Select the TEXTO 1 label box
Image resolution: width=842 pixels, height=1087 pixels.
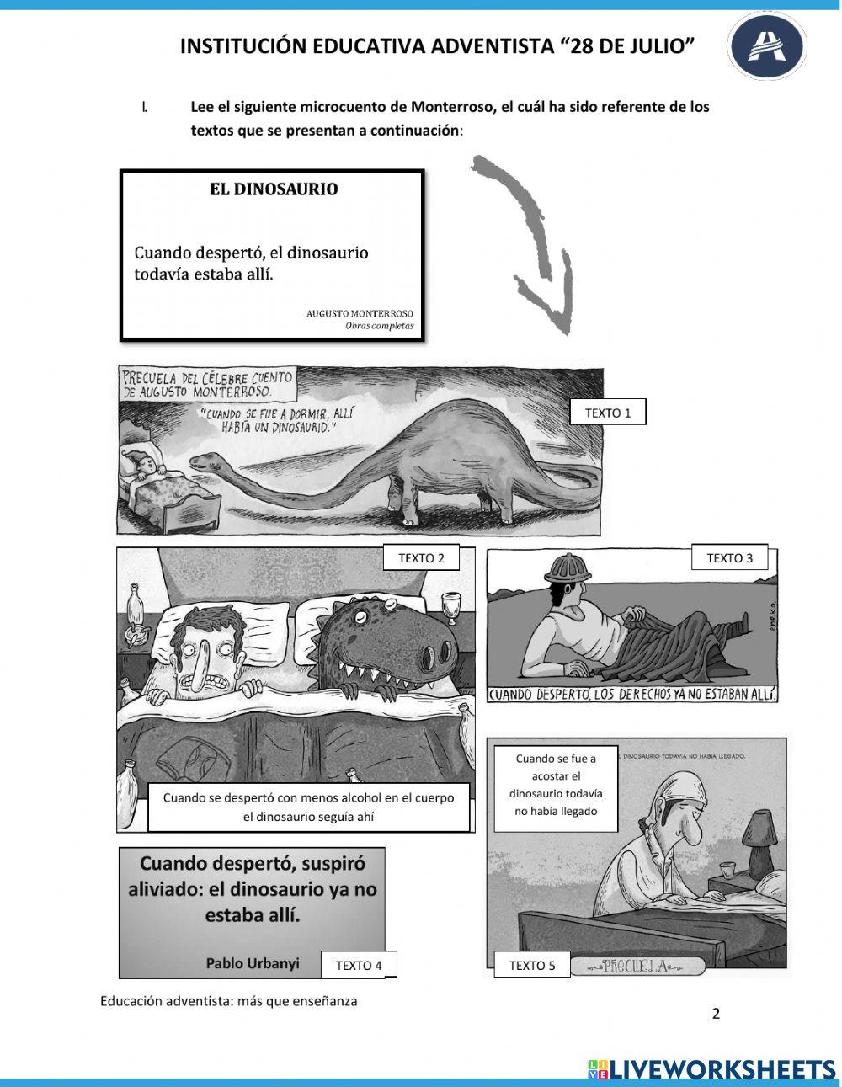pos(608,413)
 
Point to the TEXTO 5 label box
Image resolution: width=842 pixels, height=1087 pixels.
pos(532,966)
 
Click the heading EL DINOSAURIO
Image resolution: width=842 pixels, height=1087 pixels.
pos(274,189)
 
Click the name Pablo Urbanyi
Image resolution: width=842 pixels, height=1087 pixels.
pos(252,964)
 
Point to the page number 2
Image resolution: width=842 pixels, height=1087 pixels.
pos(716,1014)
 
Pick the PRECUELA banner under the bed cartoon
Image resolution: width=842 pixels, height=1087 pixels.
pos(637,967)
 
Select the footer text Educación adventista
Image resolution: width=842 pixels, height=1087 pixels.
pos(228,1001)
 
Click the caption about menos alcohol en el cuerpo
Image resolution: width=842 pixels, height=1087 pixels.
pos(308,807)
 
